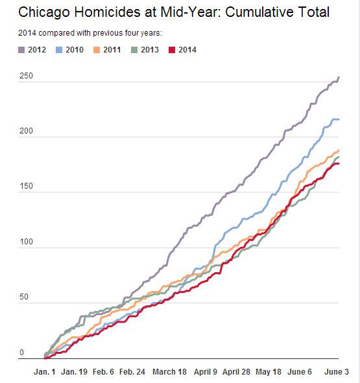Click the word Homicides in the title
click(x=107, y=12)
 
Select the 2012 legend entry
click(x=32, y=50)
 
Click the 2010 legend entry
click(x=69, y=50)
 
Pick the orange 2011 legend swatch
click(x=97, y=50)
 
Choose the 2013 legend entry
click(x=145, y=50)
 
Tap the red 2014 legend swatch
click(x=172, y=50)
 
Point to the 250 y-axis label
click(x=26, y=76)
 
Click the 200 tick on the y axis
click(x=26, y=131)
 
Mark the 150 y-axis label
click(x=26, y=186)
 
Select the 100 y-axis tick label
click(x=26, y=242)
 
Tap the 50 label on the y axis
click(x=24, y=297)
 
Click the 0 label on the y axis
click(x=22, y=353)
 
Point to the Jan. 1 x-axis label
click(x=45, y=372)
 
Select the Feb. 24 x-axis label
click(x=132, y=372)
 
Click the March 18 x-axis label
click(x=169, y=372)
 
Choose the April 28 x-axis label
click(x=236, y=372)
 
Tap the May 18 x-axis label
click(x=269, y=372)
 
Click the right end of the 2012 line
click(x=339, y=77)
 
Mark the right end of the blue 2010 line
click(x=339, y=119)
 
